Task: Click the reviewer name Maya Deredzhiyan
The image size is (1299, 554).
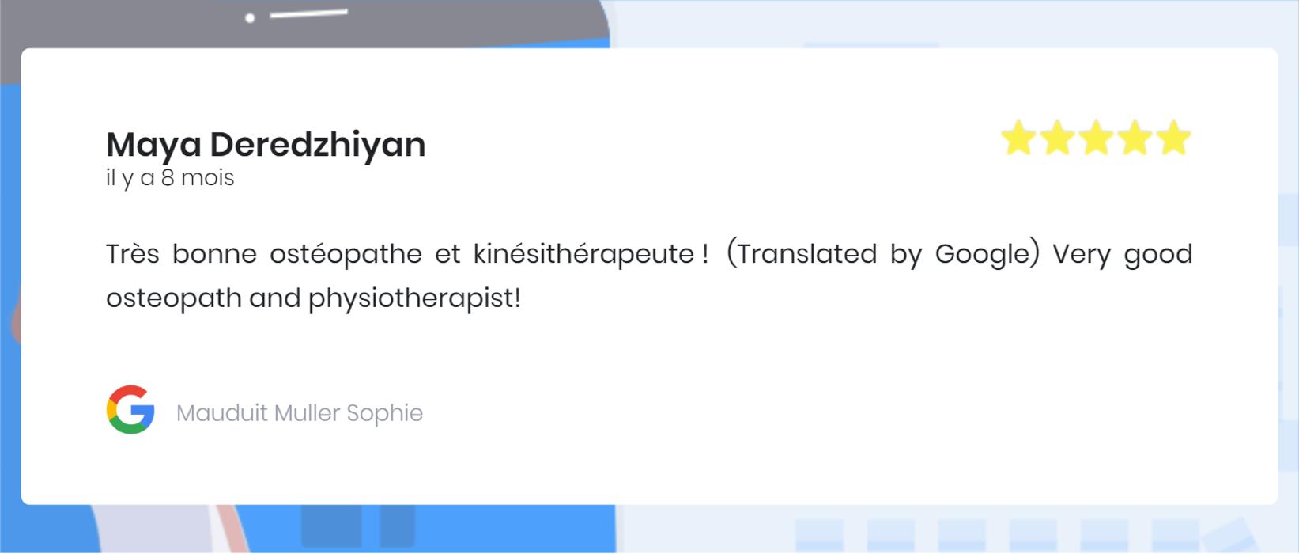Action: (266, 145)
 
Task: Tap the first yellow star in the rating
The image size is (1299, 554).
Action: (1018, 138)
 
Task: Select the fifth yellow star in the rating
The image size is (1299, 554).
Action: (1173, 138)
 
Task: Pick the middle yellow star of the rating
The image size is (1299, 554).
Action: (1096, 138)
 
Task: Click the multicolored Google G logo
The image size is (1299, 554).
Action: (130, 409)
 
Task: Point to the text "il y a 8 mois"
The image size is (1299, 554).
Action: (170, 178)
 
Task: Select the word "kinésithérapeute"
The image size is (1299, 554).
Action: (583, 254)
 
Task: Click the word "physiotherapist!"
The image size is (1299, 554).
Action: (414, 298)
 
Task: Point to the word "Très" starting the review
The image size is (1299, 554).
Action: (132, 254)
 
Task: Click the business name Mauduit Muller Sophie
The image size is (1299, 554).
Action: (300, 413)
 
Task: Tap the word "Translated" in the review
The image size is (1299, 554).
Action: (806, 254)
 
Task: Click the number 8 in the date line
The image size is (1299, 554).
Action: (168, 178)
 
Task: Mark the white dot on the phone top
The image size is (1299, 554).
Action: (250, 18)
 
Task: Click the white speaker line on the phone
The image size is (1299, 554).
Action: (308, 13)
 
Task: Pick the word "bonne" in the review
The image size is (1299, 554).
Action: (214, 254)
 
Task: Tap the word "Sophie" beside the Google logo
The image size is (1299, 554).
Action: (385, 413)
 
